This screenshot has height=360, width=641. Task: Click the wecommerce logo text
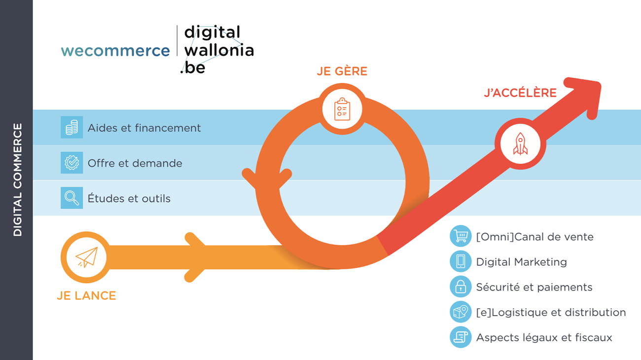click(115, 51)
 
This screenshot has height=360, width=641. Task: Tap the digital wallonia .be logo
click(217, 50)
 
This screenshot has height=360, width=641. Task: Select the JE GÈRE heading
click(342, 72)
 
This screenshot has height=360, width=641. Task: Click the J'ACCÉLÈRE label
click(520, 93)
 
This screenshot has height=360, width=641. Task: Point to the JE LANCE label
click(86, 296)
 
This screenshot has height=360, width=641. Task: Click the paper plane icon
click(86, 257)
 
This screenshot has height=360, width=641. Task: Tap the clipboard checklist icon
click(342, 109)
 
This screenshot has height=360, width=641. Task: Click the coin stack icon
click(72, 128)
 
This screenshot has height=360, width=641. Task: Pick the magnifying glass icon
click(72, 198)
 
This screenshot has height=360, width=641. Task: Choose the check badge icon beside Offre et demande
click(72, 163)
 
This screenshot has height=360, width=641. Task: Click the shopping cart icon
click(461, 236)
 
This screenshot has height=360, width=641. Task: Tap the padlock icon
click(461, 287)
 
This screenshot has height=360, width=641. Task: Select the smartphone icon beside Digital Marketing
click(461, 261)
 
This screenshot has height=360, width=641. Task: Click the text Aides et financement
click(144, 128)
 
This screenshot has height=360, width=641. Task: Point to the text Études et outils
click(129, 199)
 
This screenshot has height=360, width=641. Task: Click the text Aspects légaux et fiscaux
click(544, 338)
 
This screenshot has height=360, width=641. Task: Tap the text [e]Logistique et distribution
click(551, 313)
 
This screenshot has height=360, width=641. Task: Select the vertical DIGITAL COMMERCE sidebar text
click(18, 180)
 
